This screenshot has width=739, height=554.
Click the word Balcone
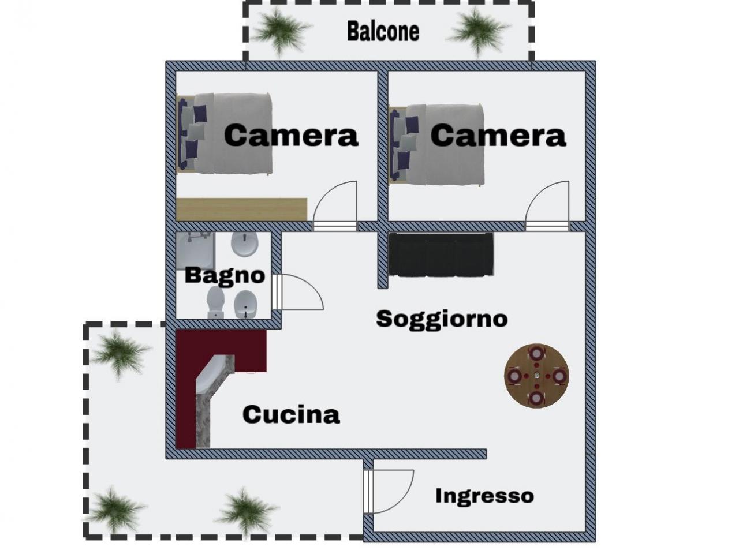pyautogui.click(x=383, y=31)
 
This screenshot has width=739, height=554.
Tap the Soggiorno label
pyautogui.click(x=442, y=319)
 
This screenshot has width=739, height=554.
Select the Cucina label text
pyautogui.click(x=291, y=414)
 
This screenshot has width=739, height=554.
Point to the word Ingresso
pyautogui.click(x=484, y=496)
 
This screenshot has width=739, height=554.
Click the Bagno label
pyautogui.click(x=225, y=275)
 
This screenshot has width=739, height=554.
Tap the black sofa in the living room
pyautogui.click(x=441, y=254)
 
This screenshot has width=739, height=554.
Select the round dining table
pyautogui.click(x=536, y=376)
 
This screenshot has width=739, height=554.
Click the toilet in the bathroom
pyautogui.click(x=216, y=302)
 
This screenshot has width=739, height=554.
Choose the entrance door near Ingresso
pyautogui.click(x=389, y=491)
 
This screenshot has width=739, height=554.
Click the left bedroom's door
pyautogui.click(x=336, y=205)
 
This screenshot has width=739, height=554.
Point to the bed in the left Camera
pyautogui.click(x=225, y=134)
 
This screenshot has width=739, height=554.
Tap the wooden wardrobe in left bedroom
pyautogui.click(x=241, y=209)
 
